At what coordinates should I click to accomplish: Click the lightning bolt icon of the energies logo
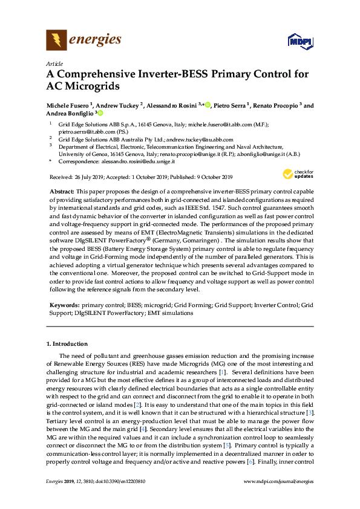click(x=56, y=41)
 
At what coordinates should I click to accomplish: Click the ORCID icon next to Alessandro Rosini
click(x=208, y=105)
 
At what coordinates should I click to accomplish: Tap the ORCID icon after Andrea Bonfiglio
click(x=100, y=113)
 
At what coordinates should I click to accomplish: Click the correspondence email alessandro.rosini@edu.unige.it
click(x=137, y=161)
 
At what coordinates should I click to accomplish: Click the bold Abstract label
click(x=62, y=190)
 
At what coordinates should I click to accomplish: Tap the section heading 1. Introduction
click(x=67, y=344)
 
